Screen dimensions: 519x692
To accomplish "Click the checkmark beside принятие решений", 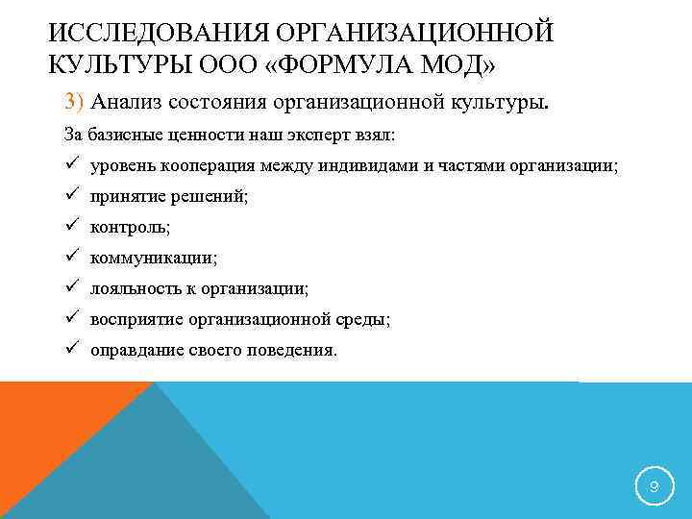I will click(x=72, y=196).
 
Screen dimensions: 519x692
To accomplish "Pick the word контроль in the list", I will click(x=126, y=227).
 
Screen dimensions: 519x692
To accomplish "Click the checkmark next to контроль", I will click(x=72, y=227).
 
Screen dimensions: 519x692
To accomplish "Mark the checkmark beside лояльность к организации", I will click(x=72, y=288).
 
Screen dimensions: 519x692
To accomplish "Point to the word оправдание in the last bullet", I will click(x=136, y=350).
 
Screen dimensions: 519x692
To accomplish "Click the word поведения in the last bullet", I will click(x=295, y=350).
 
